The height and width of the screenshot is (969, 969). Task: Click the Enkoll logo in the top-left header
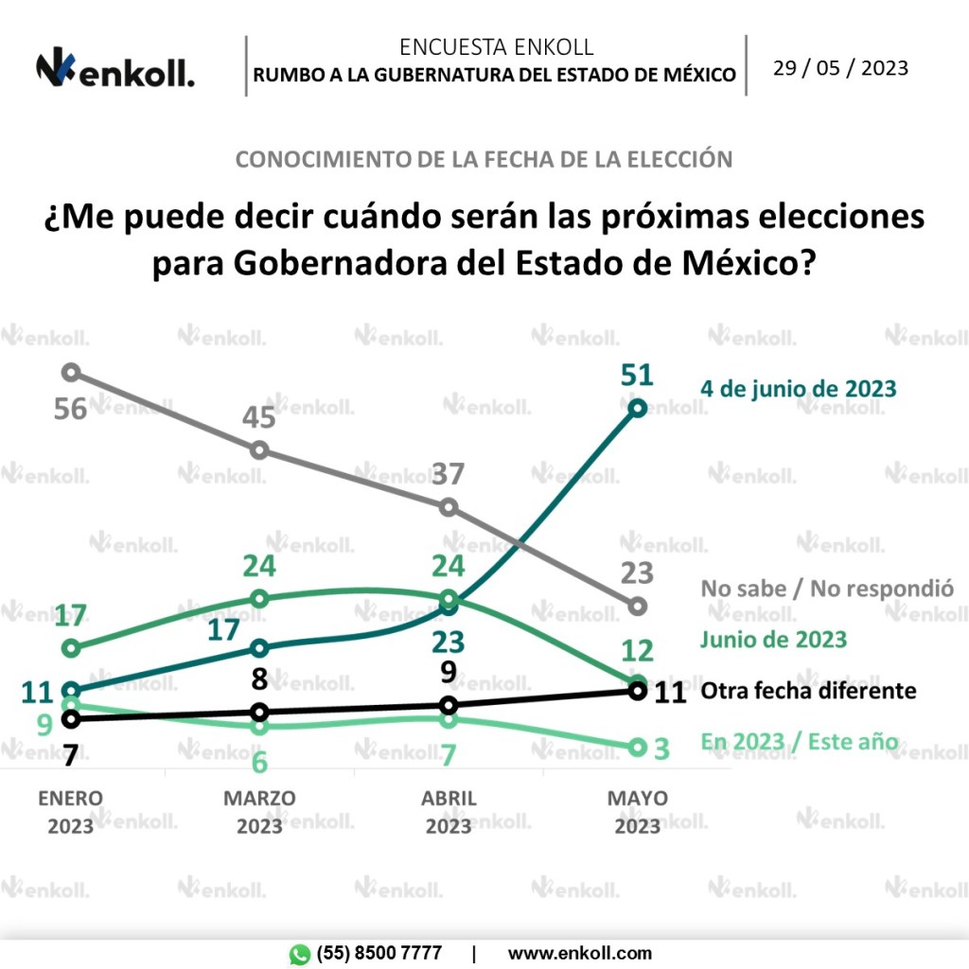(115, 68)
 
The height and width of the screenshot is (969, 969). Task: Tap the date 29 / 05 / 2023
(840, 68)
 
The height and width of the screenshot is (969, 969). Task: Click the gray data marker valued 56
(71, 372)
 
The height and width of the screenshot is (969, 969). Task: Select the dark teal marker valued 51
(638, 408)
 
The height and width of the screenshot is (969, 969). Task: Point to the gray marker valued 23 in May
(638, 606)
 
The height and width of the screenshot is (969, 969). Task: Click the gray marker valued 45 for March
(260, 450)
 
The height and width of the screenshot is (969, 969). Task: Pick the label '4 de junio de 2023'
(798, 388)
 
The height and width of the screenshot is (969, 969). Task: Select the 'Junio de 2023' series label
(773, 639)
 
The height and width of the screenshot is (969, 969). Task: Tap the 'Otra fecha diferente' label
(808, 690)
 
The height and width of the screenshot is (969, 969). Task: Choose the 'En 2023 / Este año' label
(799, 741)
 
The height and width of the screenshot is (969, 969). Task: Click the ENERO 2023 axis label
(71, 812)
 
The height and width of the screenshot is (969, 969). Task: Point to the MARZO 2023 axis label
(260, 812)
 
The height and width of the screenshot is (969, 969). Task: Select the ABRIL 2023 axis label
(449, 812)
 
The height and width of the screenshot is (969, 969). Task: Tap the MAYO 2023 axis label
(638, 812)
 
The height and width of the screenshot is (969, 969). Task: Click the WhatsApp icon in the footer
(300, 954)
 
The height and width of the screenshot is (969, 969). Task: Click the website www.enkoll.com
(579, 953)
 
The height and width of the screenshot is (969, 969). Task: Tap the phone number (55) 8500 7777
(379, 953)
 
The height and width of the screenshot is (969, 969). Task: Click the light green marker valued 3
(638, 748)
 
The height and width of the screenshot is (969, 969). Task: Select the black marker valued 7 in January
(71, 719)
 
